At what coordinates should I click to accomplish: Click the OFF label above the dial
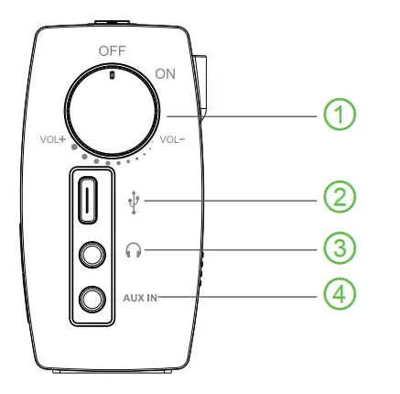pyautogui.click(x=109, y=50)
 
